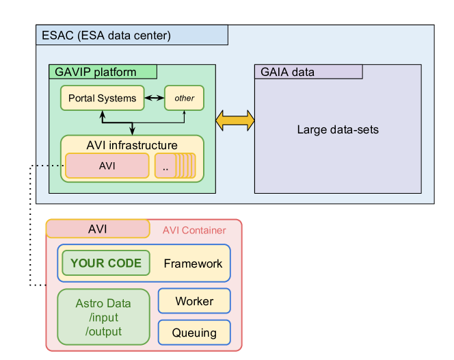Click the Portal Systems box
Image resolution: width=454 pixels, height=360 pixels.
tap(102, 98)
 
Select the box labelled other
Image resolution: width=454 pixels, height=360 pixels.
tap(185, 98)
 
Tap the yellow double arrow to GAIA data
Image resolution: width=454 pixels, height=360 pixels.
tap(235, 120)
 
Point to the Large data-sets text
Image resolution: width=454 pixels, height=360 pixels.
tap(338, 129)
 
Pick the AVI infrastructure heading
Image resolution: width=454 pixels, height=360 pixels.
tap(132, 145)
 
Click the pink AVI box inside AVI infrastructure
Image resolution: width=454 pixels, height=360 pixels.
tap(107, 166)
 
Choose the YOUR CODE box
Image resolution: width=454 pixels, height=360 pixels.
tap(106, 263)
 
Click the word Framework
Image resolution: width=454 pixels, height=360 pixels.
tap(193, 263)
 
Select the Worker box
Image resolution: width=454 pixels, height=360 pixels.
tap(194, 301)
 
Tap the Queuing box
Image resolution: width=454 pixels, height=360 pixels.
tap(194, 333)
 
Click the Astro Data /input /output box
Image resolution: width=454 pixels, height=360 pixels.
tap(103, 317)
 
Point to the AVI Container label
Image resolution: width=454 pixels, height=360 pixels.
tap(194, 230)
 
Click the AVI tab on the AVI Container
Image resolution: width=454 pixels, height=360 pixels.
tap(98, 229)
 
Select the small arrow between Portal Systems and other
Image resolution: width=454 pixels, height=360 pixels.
tap(155, 98)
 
